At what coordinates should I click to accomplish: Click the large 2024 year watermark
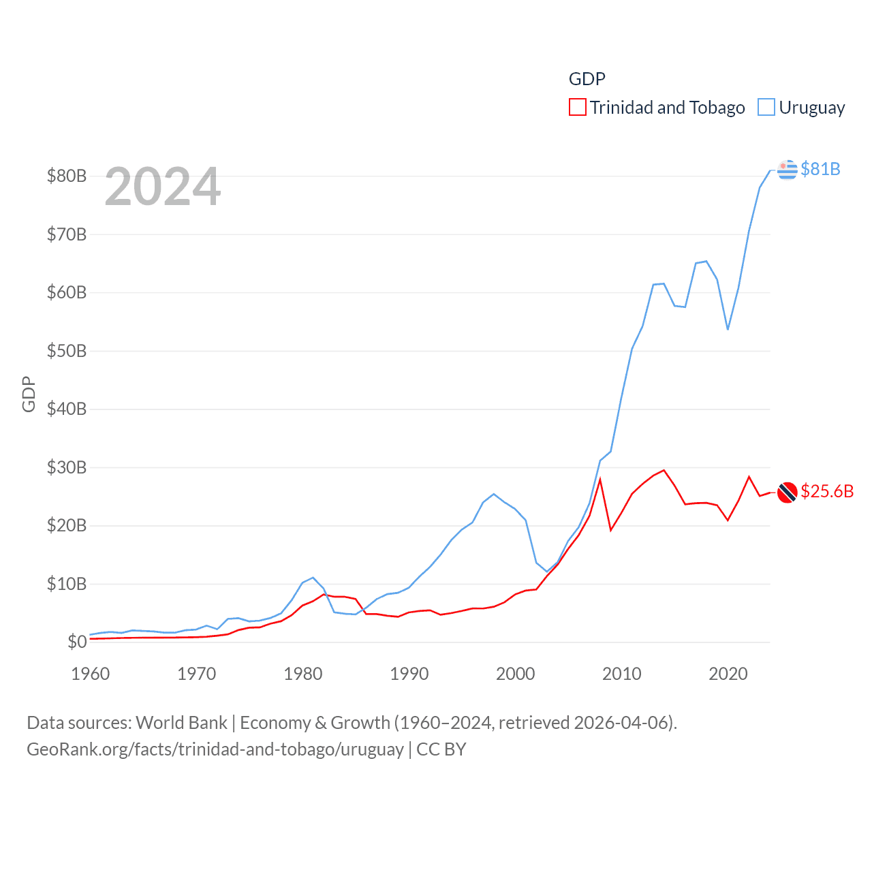tap(163, 187)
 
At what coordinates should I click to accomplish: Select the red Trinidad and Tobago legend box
tap(577, 108)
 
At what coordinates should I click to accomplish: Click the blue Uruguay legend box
tap(766, 108)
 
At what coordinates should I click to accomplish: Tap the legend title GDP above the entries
tap(587, 79)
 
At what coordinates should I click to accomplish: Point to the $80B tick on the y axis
tap(67, 176)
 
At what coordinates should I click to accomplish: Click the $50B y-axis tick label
tap(67, 351)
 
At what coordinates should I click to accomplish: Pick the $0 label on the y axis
tap(77, 642)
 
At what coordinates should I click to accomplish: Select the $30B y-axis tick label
tap(67, 467)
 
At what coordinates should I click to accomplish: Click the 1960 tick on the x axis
tap(91, 674)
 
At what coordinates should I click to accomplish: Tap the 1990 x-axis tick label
tap(409, 674)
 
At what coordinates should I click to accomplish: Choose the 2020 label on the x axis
tap(728, 674)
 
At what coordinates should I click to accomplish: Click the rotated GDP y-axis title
tap(29, 394)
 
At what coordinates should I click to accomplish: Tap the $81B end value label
tap(820, 169)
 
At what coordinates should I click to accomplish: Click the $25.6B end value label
tap(827, 491)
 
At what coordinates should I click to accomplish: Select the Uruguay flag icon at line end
tap(787, 169)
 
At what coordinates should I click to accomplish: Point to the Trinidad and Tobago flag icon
tap(787, 492)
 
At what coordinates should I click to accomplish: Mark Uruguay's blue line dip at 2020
tap(728, 329)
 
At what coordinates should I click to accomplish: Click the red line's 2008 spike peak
tap(600, 479)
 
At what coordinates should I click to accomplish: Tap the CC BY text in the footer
tap(441, 749)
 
